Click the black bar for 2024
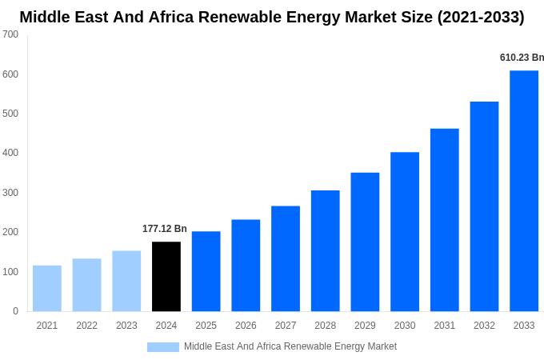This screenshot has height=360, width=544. [x=166, y=277]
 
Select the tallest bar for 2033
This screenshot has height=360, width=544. [x=524, y=191]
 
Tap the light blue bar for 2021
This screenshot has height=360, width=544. [x=47, y=288]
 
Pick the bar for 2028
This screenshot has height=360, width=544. [x=326, y=250]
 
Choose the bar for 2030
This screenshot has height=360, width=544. [x=405, y=232]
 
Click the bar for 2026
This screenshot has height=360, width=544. [x=246, y=266]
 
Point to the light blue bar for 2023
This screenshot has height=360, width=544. [x=126, y=281]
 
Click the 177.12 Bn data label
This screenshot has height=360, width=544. [x=165, y=229]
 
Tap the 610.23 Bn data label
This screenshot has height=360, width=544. [x=522, y=58]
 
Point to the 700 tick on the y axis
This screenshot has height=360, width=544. [x=10, y=34]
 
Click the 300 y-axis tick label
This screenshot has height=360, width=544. [x=10, y=193]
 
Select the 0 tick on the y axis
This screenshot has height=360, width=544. [x=15, y=311]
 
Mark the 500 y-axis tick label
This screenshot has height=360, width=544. [x=10, y=114]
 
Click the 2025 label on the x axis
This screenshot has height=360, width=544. [x=206, y=326]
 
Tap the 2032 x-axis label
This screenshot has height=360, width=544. [x=484, y=326]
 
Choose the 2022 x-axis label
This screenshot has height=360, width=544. [x=86, y=326]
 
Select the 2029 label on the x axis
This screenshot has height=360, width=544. [x=365, y=326]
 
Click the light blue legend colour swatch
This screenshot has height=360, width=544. [x=163, y=347]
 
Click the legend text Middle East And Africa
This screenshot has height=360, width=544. [x=235, y=346]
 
